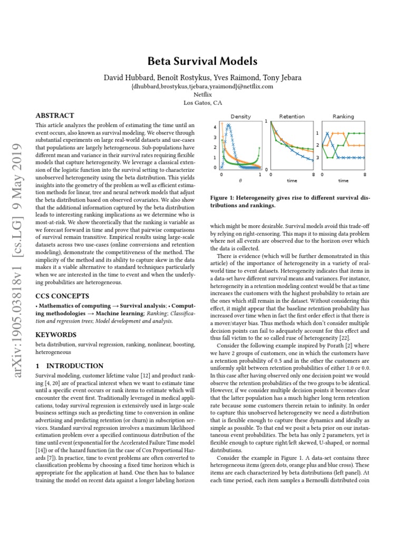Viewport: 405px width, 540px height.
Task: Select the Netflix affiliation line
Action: click(202, 94)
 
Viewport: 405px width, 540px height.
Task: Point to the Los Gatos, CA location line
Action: click(202, 103)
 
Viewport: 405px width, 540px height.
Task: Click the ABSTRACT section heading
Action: click(54, 115)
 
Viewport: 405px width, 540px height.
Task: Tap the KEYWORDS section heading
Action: click(55, 334)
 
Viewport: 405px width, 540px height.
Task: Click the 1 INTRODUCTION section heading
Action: click(69, 365)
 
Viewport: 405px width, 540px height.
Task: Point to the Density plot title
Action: click(240, 116)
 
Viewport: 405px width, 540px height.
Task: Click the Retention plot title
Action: click(292, 116)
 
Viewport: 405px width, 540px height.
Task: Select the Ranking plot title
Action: click(343, 116)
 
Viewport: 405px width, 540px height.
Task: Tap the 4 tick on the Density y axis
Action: click(215, 128)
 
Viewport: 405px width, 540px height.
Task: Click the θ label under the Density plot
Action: click(240, 180)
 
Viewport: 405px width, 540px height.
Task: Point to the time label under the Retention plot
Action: click(292, 180)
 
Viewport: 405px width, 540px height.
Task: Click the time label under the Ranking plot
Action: click(343, 180)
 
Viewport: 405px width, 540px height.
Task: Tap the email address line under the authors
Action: click(202, 86)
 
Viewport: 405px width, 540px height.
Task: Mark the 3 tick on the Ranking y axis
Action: click(317, 158)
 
